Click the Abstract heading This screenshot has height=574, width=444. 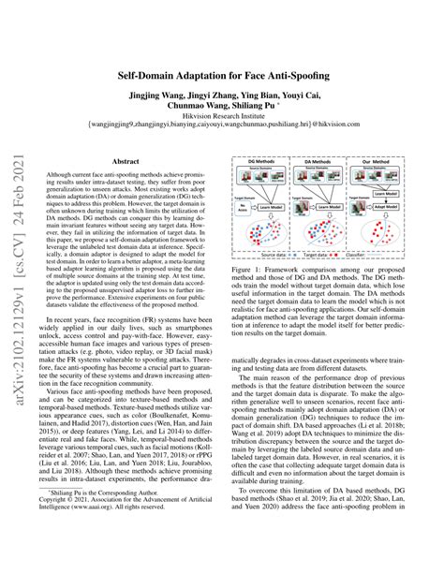(131, 161)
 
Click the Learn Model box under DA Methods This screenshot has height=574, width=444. (342, 199)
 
